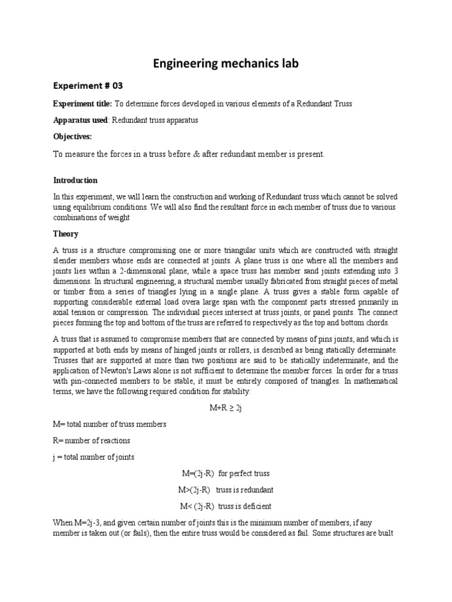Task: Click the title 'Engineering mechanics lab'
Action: pyautogui.click(x=226, y=63)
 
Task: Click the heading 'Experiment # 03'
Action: pyautogui.click(x=88, y=85)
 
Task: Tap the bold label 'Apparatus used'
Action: pyautogui.click(x=81, y=120)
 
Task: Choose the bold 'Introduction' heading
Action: pyautogui.click(x=75, y=180)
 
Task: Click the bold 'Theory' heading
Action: pyautogui.click(x=65, y=233)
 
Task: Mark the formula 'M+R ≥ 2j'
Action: pyautogui.click(x=226, y=407)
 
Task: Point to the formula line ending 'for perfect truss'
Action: pyautogui.click(x=226, y=473)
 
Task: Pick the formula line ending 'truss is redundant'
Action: pyautogui.click(x=226, y=489)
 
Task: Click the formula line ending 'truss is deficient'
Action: pyautogui.click(x=226, y=506)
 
